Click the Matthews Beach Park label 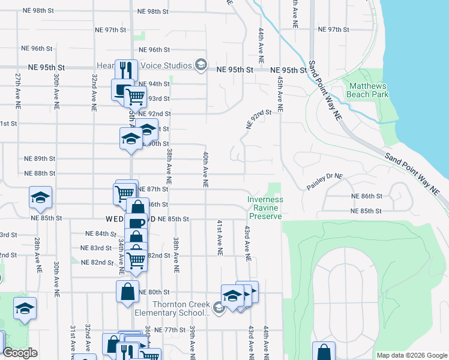(369, 90)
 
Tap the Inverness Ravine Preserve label (265, 208)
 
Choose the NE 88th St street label (40, 173)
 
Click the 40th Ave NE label (205, 170)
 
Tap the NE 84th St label (101, 233)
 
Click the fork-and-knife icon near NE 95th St (126, 70)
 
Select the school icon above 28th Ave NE (40, 197)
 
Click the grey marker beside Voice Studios (200, 65)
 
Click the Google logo (20, 353)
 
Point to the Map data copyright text (411, 355)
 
